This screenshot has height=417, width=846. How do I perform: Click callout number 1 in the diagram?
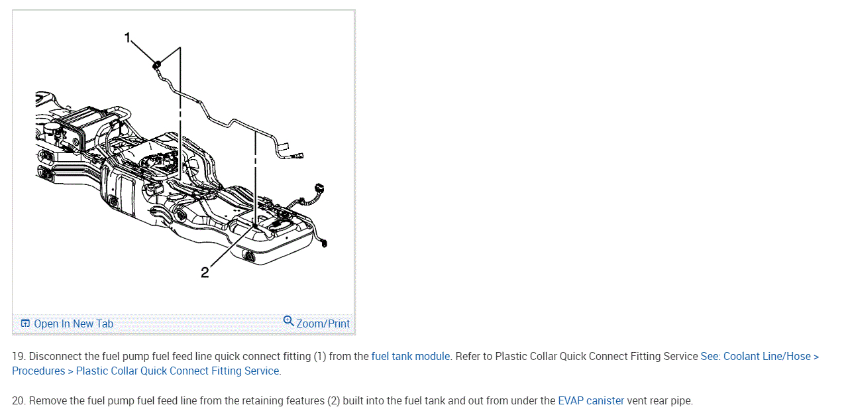[x=128, y=38]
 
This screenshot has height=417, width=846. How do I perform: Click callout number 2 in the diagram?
[x=205, y=272]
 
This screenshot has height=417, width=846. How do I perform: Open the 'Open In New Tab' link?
[x=73, y=324]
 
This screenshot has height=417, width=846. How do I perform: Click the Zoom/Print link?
[x=323, y=324]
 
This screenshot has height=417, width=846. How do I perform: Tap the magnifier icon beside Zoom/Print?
[x=288, y=322]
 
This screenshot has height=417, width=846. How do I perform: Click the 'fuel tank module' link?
[x=410, y=356]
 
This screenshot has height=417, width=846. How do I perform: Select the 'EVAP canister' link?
[x=591, y=400]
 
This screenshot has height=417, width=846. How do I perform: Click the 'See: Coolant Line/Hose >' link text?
[x=759, y=356]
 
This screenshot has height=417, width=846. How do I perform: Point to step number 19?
[x=19, y=356]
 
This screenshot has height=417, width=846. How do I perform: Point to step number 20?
[x=19, y=400]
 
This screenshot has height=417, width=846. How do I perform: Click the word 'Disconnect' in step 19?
[x=56, y=356]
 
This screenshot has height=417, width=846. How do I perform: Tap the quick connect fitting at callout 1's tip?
[x=157, y=64]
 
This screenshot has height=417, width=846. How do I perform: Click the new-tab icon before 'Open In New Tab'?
[x=25, y=324]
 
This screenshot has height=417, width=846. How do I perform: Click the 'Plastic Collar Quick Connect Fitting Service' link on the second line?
[x=178, y=371]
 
